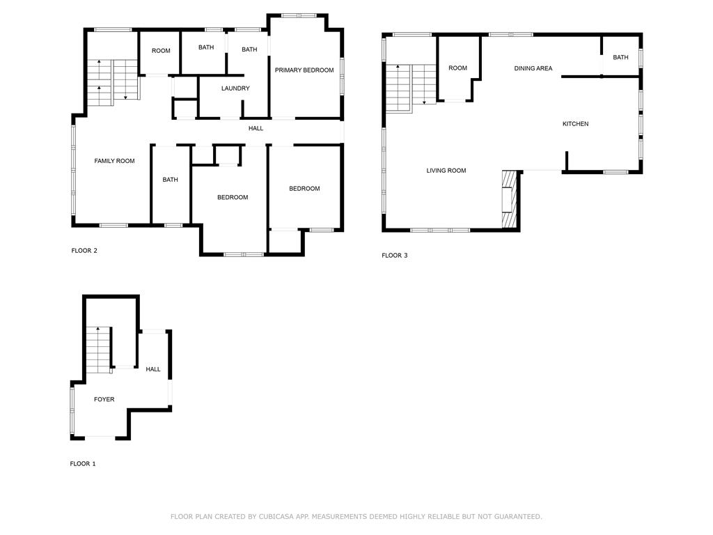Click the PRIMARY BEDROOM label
[x=304, y=70]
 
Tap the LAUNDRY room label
[x=235, y=88]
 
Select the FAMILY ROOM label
[x=114, y=161]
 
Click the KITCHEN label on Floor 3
[x=575, y=124]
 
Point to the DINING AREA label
[x=533, y=68]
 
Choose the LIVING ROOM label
[x=446, y=171]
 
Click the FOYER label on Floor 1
[x=104, y=399]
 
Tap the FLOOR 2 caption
[x=84, y=251]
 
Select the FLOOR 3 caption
[x=395, y=256]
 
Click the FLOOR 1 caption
[x=83, y=464]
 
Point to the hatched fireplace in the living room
[x=510, y=199]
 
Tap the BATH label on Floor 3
[x=620, y=58]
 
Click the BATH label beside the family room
[x=170, y=180]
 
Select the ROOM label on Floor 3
[x=457, y=68]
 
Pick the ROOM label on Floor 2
[x=161, y=51]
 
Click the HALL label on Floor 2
[x=256, y=128]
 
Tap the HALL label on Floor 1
[x=153, y=369]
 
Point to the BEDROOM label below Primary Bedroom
[x=304, y=189]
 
